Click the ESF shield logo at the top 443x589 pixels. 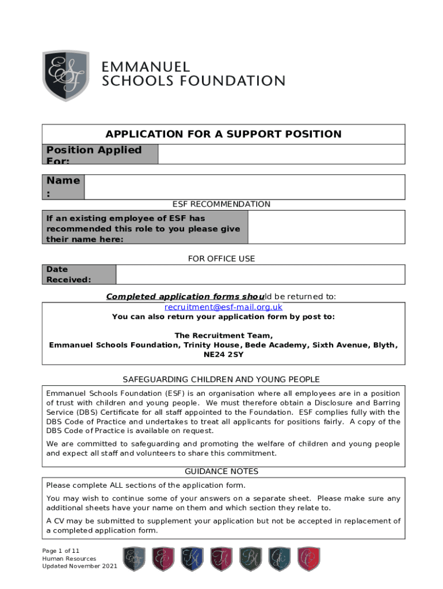point(66,76)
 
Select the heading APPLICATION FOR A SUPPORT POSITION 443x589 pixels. point(223,134)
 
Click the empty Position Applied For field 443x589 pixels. point(281,154)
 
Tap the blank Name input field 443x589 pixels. point(244,187)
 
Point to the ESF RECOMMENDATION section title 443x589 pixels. point(221,204)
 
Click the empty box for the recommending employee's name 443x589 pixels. point(326,227)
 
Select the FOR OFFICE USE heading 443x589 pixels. point(221,259)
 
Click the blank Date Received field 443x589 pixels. point(260,274)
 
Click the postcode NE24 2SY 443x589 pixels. point(223,355)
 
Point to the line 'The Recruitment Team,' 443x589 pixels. point(223,335)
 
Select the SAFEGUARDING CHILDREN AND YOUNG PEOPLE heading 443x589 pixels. point(221,380)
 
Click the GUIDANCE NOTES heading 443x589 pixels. point(221,472)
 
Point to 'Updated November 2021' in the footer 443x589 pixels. point(79,567)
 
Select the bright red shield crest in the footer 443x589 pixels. point(308,559)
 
